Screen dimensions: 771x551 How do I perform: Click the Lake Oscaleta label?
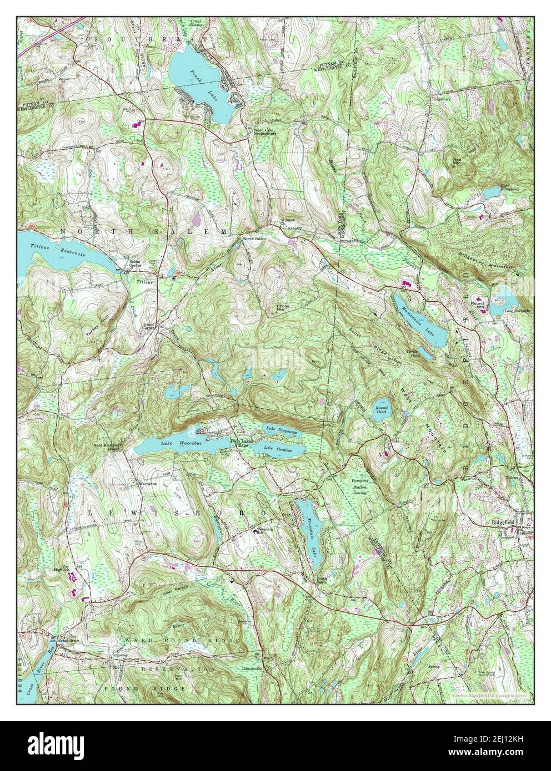[276, 448]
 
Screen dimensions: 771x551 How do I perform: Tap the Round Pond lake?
[381, 410]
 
